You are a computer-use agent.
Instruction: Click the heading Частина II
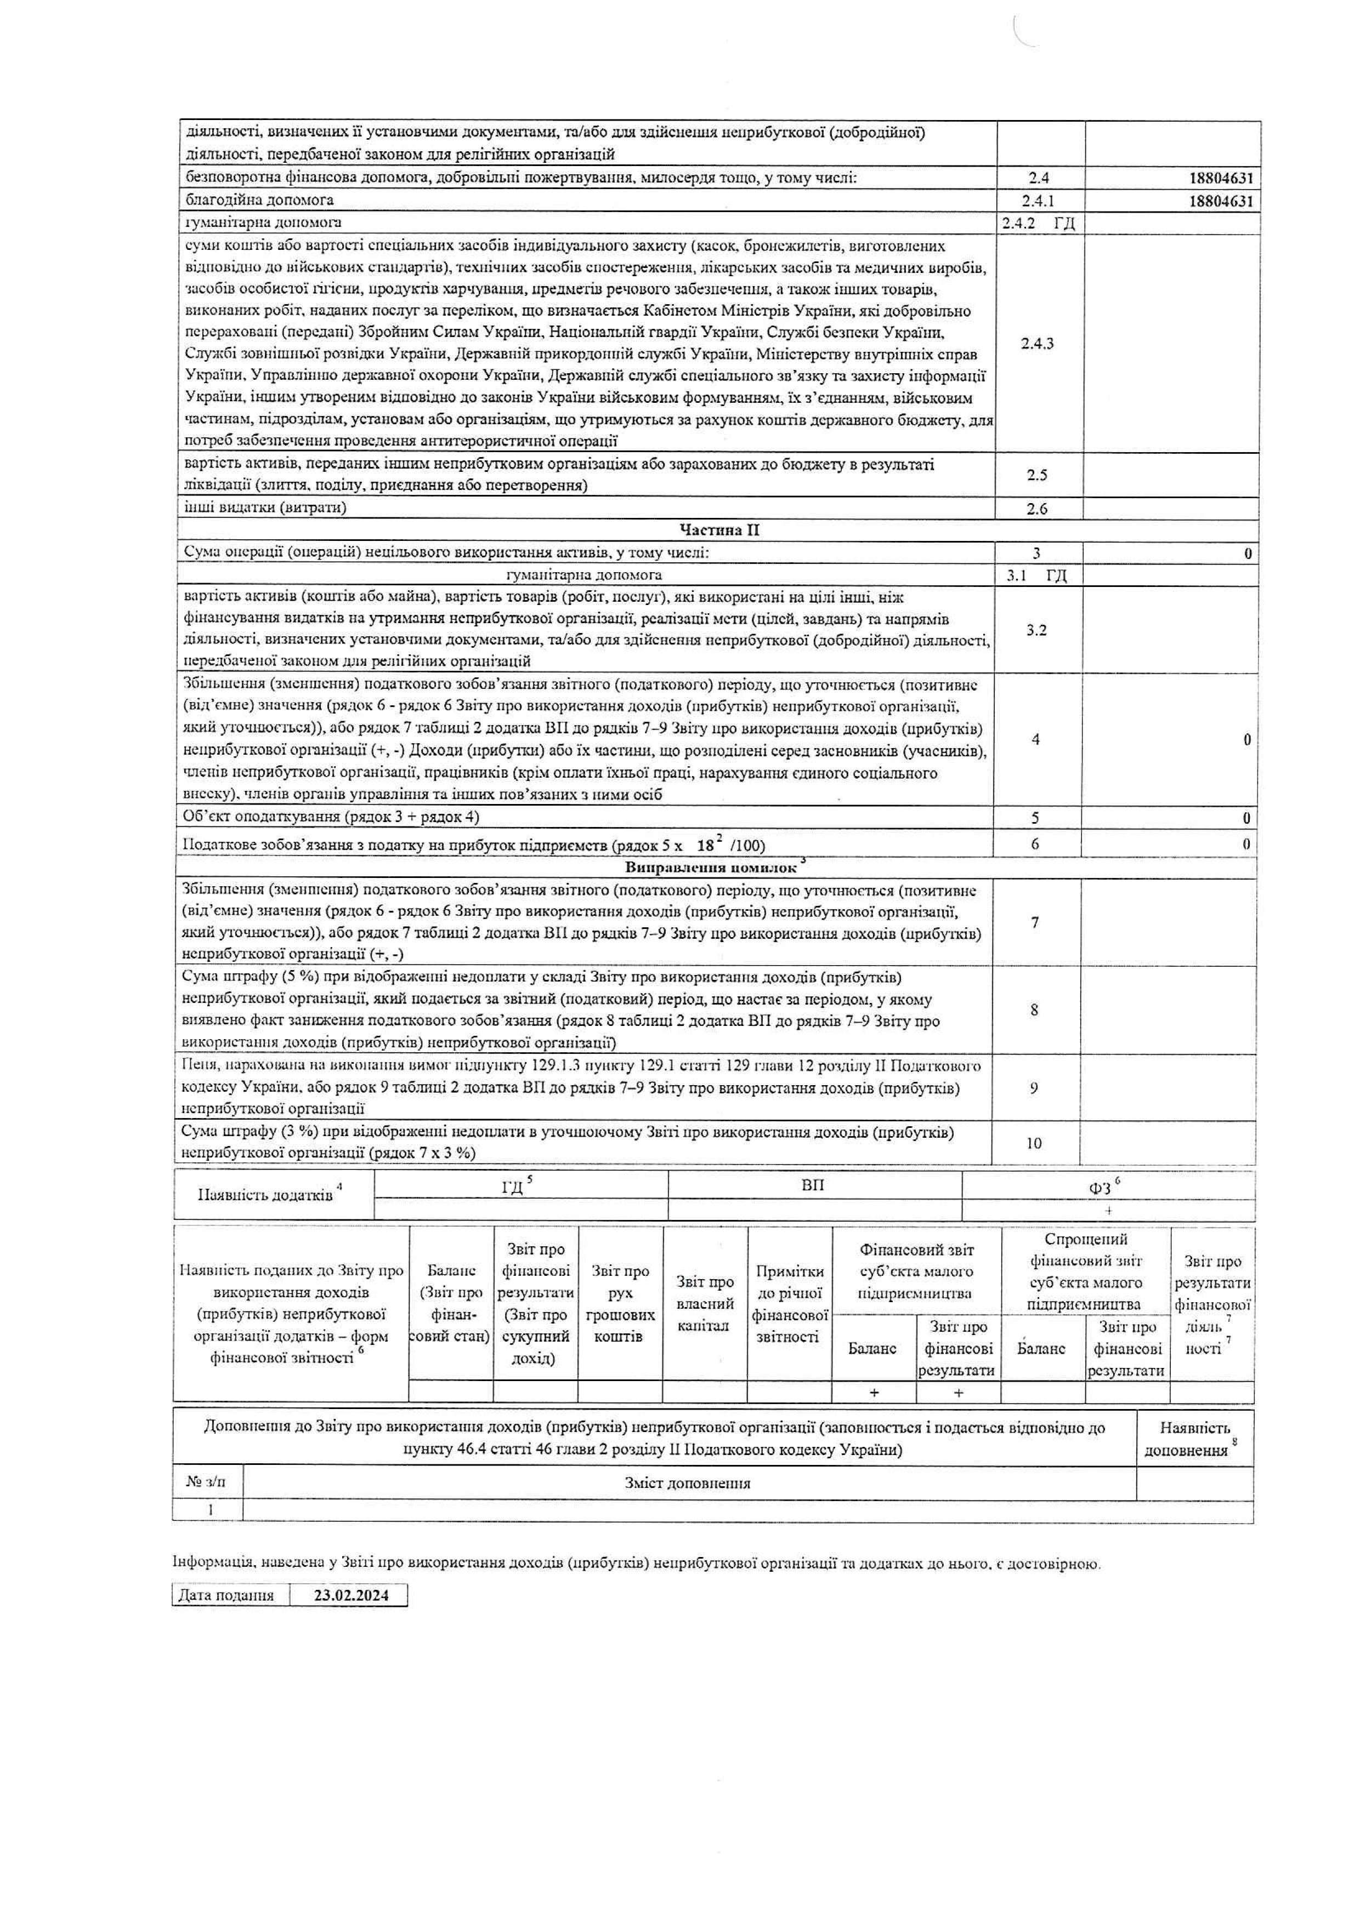[719, 531]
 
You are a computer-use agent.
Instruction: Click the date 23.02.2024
[351, 1595]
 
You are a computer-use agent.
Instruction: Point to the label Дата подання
[226, 1595]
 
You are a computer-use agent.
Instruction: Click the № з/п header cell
[206, 1482]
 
